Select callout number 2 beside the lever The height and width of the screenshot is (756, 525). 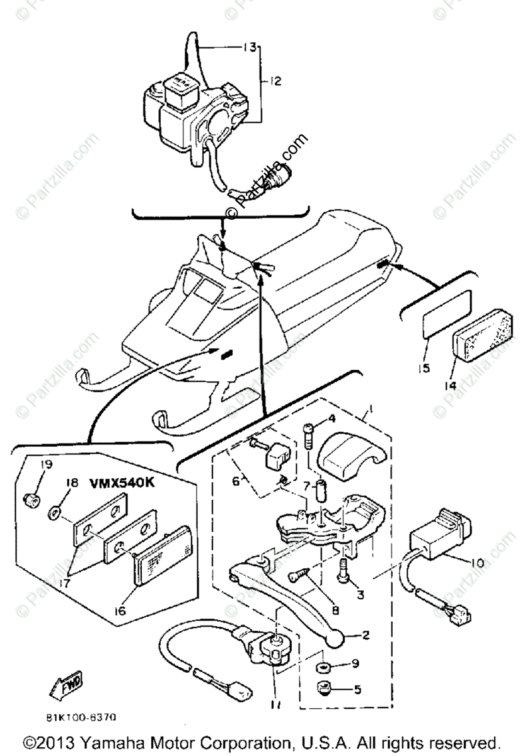(366, 637)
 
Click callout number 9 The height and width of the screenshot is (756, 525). (355, 663)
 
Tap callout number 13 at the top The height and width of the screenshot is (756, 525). (250, 47)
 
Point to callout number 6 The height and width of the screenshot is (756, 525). (236, 481)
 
